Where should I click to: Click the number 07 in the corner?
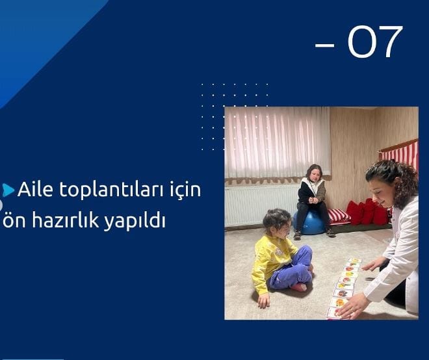pos(375,42)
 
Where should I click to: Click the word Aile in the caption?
pos(35,189)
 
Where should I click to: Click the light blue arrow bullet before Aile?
pos(8,190)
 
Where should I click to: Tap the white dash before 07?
pos(325,45)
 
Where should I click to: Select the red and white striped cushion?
pos(339,216)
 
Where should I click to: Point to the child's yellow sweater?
pos(272,260)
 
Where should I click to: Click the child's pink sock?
pos(298,287)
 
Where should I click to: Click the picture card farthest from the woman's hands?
pos(354,261)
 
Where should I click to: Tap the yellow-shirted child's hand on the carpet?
pos(263,300)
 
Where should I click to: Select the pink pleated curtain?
pos(278,144)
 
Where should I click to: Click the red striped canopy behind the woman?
pos(400,153)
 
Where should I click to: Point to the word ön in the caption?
pos(14,220)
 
